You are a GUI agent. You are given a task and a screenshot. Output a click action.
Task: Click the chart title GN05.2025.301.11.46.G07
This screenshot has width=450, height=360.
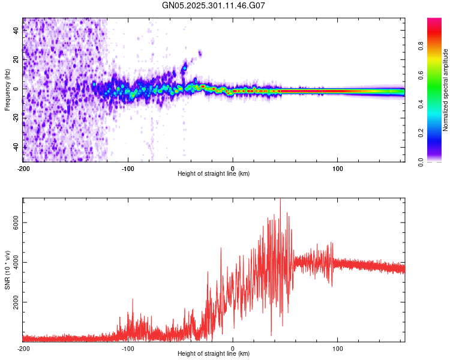pyautogui.click(x=214, y=5)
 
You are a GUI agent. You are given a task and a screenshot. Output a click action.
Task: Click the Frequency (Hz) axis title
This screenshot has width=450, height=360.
pyautogui.click(x=7, y=90)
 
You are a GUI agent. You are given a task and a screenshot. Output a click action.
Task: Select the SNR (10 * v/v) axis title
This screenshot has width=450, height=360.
pyautogui.click(x=7, y=271)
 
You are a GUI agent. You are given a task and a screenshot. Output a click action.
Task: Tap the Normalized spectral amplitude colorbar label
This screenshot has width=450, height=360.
pyautogui.click(x=446, y=90)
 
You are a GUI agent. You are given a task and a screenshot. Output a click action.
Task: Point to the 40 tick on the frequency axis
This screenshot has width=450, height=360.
pyautogui.click(x=16, y=31)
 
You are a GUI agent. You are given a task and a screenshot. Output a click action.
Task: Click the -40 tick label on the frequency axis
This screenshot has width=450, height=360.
pyautogui.click(x=16, y=147)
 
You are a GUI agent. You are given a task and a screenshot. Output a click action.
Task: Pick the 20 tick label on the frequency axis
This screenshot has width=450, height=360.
pyautogui.click(x=16, y=59)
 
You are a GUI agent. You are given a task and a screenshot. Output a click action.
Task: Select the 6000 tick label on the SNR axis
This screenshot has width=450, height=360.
pyautogui.click(x=16, y=222)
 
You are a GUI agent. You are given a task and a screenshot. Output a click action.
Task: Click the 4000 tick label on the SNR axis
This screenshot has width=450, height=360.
pyautogui.click(x=16, y=263)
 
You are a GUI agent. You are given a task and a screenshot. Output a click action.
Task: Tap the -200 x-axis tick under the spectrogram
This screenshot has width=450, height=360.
pyautogui.click(x=23, y=168)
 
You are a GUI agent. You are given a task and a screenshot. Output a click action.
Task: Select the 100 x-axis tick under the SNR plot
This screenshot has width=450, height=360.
pyautogui.click(x=338, y=348)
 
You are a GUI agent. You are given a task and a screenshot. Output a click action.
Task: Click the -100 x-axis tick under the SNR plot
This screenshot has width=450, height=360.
pyautogui.click(x=127, y=348)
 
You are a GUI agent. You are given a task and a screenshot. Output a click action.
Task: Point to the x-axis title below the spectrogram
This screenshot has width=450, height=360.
pyautogui.click(x=214, y=174)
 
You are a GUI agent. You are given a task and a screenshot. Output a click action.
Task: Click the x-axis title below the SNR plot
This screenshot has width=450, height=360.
pyautogui.click(x=214, y=354)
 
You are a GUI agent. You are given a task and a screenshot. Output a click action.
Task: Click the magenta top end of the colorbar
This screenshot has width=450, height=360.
pyautogui.click(x=434, y=21)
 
